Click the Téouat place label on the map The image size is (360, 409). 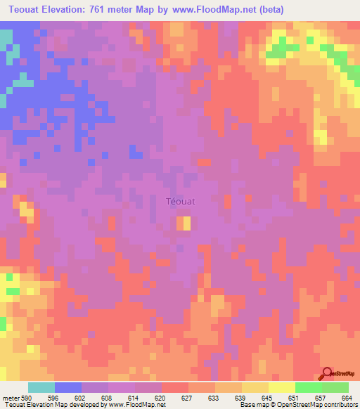(180, 201)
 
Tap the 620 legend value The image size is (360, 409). (162, 398)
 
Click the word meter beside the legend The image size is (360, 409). (10, 398)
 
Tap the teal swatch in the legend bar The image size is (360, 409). (41, 387)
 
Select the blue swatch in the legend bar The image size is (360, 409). (68, 387)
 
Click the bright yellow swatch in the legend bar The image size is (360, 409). (282, 387)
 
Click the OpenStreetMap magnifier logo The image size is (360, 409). (327, 374)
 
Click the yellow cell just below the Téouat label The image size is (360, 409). (183, 223)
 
